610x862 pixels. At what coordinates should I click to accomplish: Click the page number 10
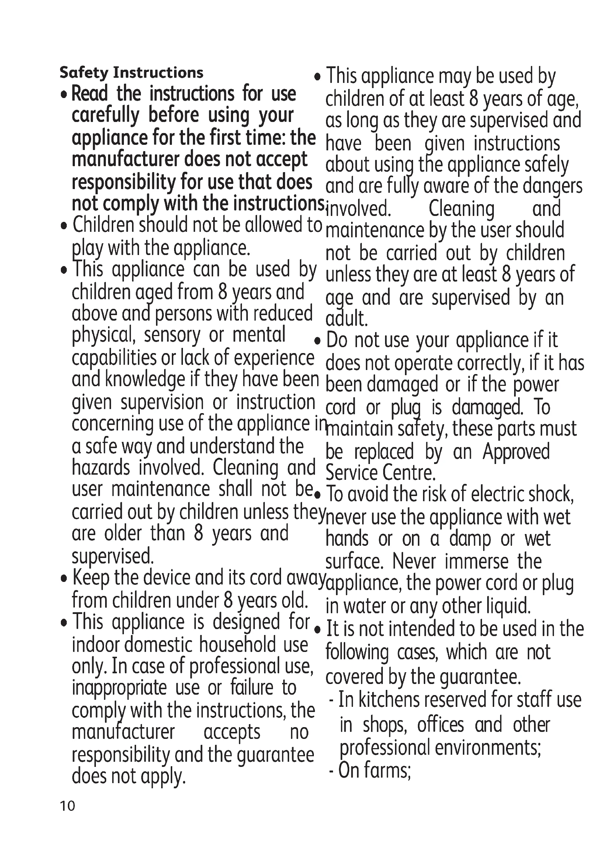pyautogui.click(x=67, y=806)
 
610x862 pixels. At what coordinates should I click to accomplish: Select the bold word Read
pyautogui.click(x=90, y=94)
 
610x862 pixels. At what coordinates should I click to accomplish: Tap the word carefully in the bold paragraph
pyautogui.click(x=105, y=116)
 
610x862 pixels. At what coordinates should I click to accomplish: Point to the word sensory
pyautogui.click(x=172, y=335)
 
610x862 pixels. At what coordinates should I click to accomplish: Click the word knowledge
pyautogui.click(x=145, y=379)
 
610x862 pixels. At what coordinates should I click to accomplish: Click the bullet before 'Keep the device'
pyautogui.click(x=64, y=579)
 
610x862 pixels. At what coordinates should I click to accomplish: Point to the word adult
pyautogui.click(x=346, y=319)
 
